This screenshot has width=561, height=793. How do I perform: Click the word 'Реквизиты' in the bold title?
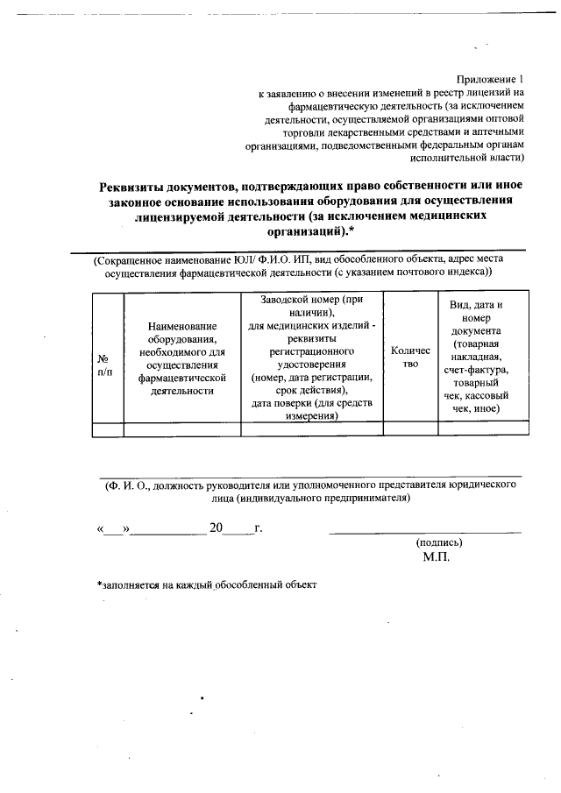[x=138, y=186]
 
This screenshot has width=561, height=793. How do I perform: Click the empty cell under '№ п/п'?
[x=107, y=428]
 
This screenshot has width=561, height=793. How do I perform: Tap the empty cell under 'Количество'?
[x=410, y=428]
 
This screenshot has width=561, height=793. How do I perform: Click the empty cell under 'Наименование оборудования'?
[x=182, y=428]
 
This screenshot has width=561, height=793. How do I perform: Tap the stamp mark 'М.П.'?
[x=436, y=557]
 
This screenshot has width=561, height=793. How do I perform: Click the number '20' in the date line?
[x=217, y=527]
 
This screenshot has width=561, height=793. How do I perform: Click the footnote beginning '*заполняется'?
[x=206, y=584]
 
